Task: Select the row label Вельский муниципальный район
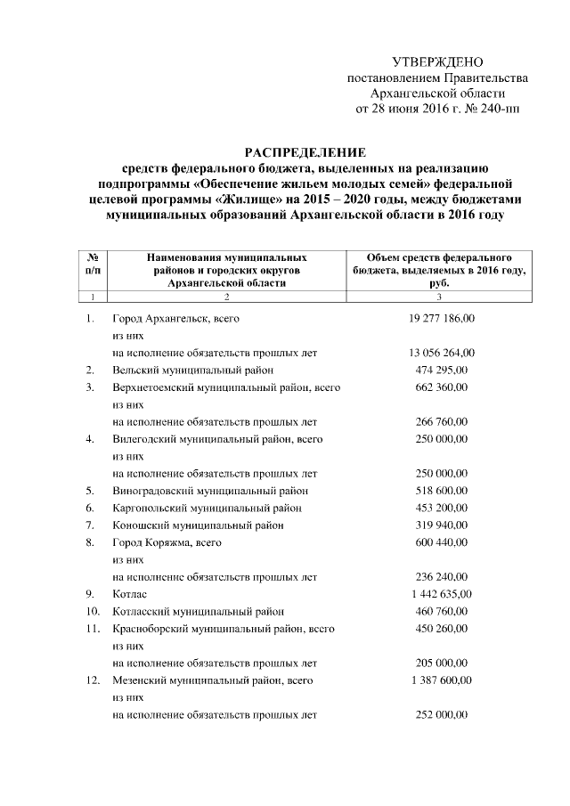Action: pyautogui.click(x=192, y=369)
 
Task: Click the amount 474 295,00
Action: pyautogui.click(x=441, y=369)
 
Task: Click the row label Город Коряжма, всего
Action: pyautogui.click(x=167, y=542)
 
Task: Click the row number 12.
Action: pyautogui.click(x=92, y=680)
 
